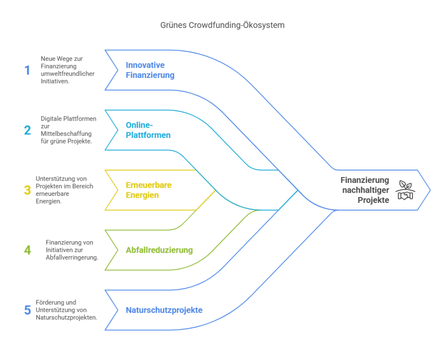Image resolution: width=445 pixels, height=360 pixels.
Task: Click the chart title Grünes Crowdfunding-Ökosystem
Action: (x=222, y=25)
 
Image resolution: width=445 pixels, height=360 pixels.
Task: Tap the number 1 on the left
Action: (x=28, y=70)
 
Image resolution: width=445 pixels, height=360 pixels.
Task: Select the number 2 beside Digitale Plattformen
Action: (x=28, y=130)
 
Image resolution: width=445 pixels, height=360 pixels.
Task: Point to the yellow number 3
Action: (x=28, y=190)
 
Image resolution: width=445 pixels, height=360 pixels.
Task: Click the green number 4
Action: (x=28, y=250)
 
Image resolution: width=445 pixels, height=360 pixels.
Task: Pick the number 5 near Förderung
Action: (x=28, y=310)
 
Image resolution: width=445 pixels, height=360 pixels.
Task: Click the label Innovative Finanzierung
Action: (x=150, y=70)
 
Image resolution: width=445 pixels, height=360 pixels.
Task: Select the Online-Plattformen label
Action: (x=148, y=130)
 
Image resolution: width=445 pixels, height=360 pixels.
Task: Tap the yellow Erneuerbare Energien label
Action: (x=148, y=190)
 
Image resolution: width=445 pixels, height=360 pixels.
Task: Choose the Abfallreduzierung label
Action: (x=159, y=250)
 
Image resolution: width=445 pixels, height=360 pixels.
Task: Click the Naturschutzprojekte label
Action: (x=164, y=310)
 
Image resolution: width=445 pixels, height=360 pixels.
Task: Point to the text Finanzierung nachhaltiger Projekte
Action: (x=365, y=190)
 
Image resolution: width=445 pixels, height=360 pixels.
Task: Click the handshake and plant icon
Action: (x=405, y=190)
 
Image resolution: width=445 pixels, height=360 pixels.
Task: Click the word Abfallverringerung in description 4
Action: (x=72, y=258)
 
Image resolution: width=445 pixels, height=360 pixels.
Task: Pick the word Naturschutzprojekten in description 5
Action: (x=66, y=318)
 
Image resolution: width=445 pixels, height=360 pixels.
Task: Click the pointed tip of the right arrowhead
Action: (x=430, y=190)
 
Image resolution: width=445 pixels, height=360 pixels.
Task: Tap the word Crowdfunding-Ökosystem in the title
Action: (x=237, y=25)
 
